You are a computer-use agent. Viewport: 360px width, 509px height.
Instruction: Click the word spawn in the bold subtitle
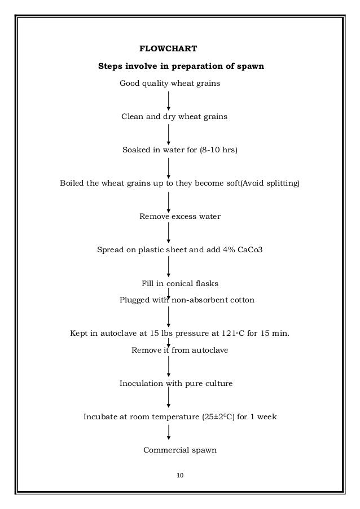[x=249, y=67]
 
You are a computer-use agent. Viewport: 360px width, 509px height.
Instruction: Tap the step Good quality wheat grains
[x=169, y=84]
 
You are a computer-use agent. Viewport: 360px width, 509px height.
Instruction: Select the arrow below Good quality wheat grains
[x=169, y=100]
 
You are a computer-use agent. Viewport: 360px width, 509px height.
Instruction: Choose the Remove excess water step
[x=179, y=216]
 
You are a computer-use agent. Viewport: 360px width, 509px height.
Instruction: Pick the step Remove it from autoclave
[x=179, y=350]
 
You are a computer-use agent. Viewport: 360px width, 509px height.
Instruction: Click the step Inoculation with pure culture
[x=175, y=384]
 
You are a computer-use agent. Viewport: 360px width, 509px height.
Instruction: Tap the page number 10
[x=181, y=476]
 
